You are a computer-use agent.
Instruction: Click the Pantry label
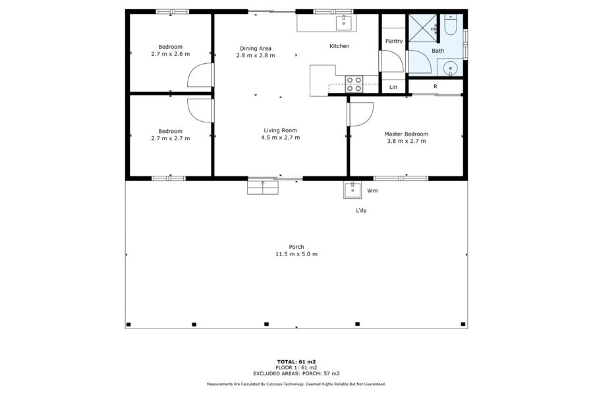(x=394, y=41)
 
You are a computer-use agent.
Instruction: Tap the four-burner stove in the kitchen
(x=354, y=84)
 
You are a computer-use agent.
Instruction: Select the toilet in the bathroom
(x=451, y=24)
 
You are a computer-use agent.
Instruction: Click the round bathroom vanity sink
(x=450, y=68)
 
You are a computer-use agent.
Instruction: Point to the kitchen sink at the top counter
(x=344, y=22)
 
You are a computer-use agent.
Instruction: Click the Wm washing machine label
(x=372, y=191)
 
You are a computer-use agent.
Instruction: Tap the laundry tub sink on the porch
(x=353, y=190)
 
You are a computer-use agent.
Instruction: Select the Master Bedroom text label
(x=406, y=134)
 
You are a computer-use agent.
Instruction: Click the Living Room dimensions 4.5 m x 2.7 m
(x=280, y=138)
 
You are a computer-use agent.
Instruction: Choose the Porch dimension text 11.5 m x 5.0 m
(x=296, y=254)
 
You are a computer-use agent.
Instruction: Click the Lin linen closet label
(x=393, y=88)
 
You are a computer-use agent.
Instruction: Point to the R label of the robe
(x=436, y=86)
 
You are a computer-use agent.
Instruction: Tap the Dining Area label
(x=256, y=48)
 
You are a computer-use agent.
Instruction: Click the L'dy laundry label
(x=361, y=211)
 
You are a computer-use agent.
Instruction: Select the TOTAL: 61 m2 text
(x=296, y=361)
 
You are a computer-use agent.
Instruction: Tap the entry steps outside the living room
(x=263, y=188)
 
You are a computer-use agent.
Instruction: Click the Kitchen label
(x=339, y=46)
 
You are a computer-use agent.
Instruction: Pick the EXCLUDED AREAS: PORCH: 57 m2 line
(x=296, y=373)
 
